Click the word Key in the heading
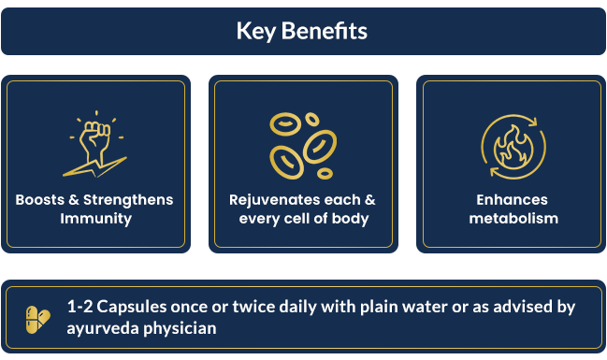point(256,32)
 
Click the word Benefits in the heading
point(324,31)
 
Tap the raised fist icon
point(95,144)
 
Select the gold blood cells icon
point(303,146)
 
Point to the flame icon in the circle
point(513,147)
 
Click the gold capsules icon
point(38,320)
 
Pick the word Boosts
point(40,200)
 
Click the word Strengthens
point(128,200)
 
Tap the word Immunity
point(96,219)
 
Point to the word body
point(351,219)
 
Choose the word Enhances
point(513,200)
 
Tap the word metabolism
point(513,219)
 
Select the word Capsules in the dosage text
point(132,307)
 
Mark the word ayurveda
point(103,328)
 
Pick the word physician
point(180,328)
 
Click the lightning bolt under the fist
point(95,167)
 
